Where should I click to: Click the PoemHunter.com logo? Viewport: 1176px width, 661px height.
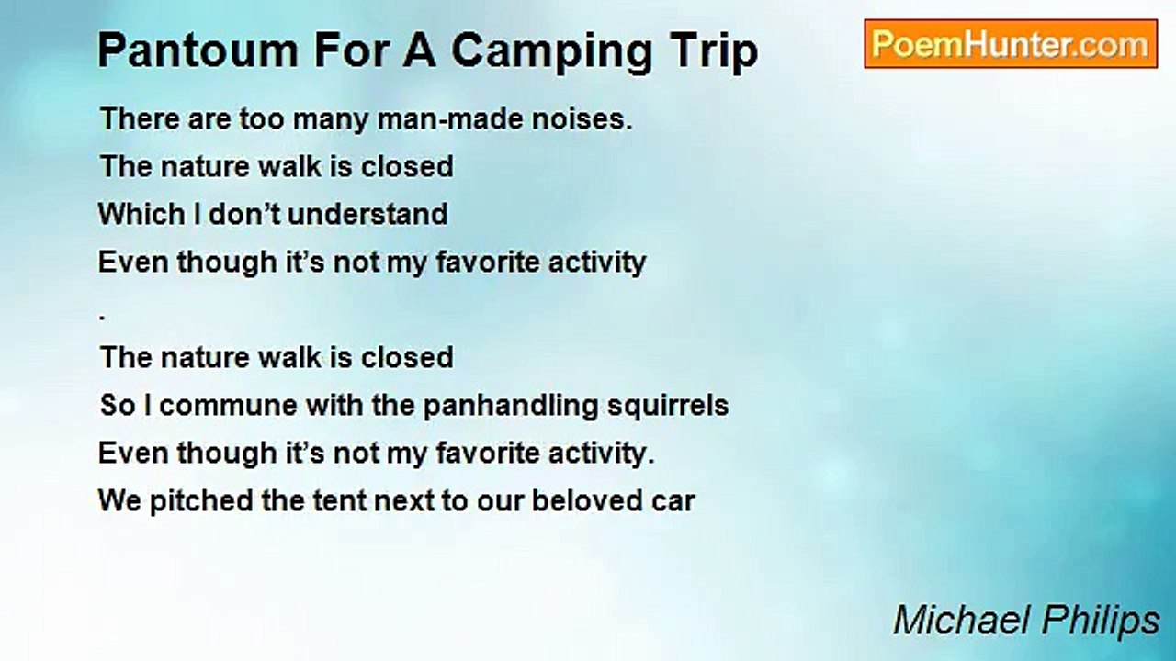pyautogui.click(x=1010, y=44)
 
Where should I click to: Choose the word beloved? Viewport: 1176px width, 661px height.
pyautogui.click(x=588, y=501)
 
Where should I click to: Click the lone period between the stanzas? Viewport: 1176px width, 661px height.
pyautogui.click(x=102, y=317)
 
